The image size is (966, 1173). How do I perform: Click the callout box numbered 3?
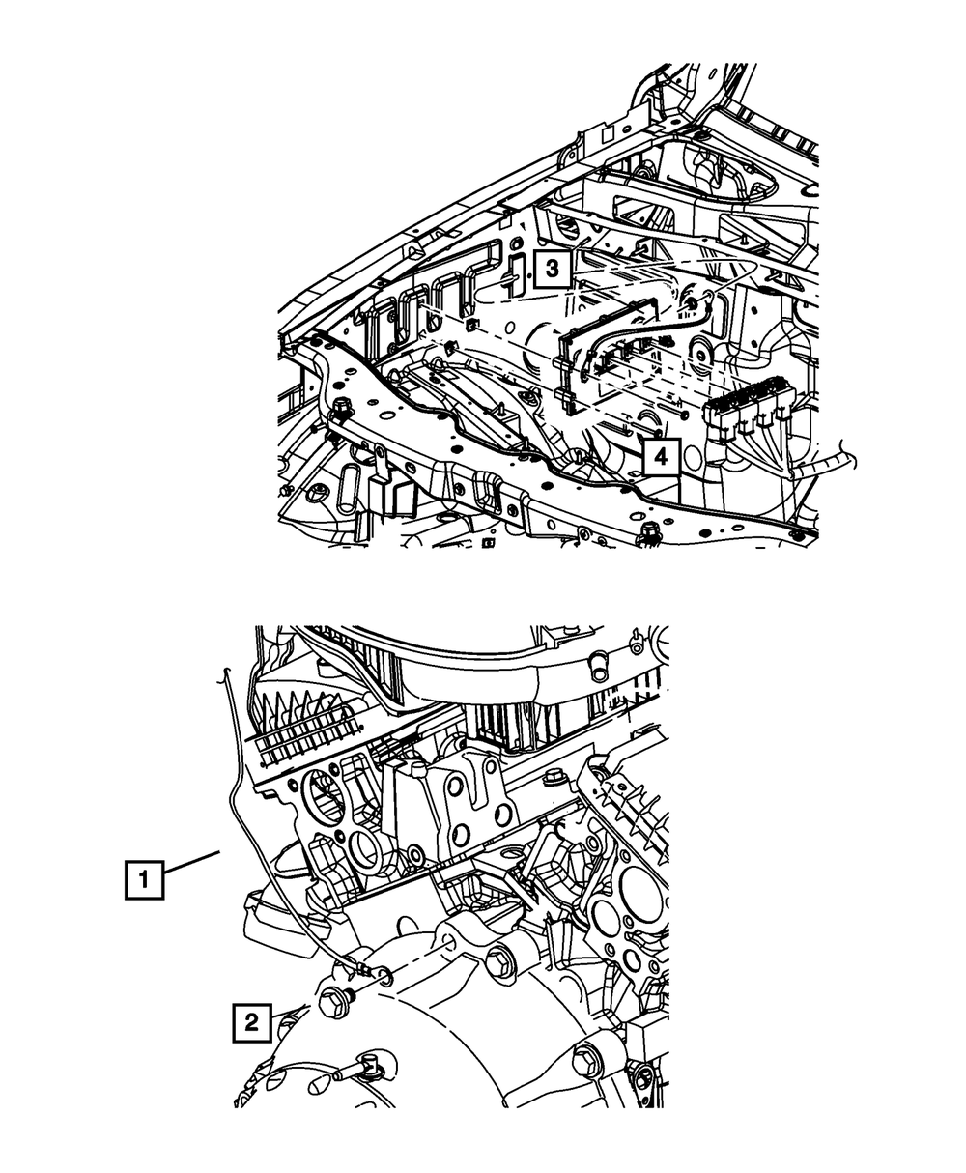point(551,267)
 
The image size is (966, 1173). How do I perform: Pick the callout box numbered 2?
point(251,1023)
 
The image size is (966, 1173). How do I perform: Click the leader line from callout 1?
point(192,864)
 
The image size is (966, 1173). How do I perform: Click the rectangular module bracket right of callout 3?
point(609,358)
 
